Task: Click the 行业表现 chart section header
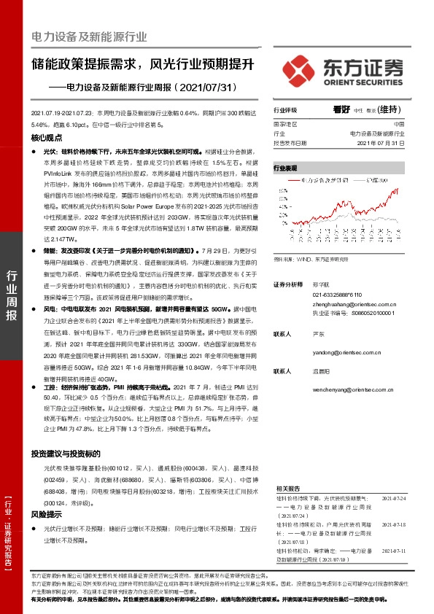point(286,167)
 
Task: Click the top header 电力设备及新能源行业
point(89,36)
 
